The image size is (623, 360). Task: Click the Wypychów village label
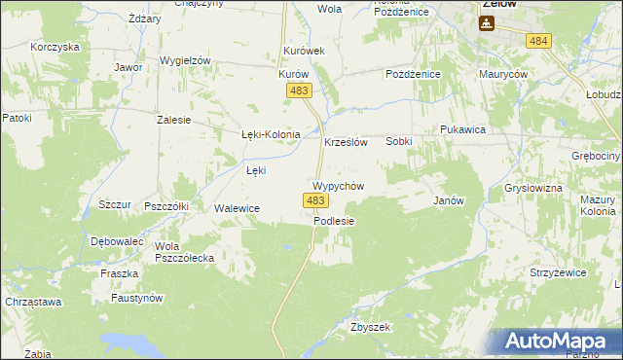point(338,185)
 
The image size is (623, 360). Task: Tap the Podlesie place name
point(334,221)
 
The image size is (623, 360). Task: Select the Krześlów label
point(345,141)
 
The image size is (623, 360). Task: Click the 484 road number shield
point(537,40)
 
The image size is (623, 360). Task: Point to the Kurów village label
point(293,74)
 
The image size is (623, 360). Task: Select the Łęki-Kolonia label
point(269,135)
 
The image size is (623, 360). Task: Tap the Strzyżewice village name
point(559,272)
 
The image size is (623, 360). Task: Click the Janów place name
point(447,200)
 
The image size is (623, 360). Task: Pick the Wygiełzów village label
point(185,60)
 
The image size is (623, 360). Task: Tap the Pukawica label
point(462,129)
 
